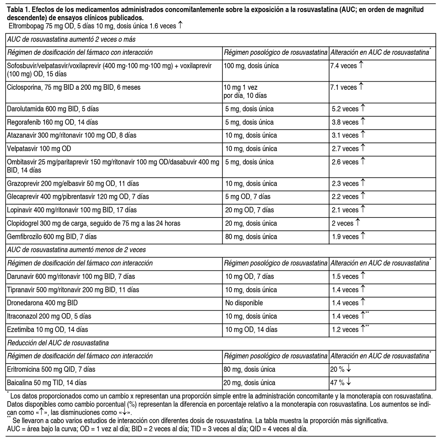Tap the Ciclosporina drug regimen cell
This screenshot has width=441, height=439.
click(73, 88)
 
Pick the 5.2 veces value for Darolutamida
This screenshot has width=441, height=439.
click(345, 109)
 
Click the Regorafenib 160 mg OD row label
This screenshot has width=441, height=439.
click(53, 122)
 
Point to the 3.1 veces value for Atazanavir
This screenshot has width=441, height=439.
click(345, 135)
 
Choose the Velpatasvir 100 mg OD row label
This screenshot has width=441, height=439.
click(39, 149)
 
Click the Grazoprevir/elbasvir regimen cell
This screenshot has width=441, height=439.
click(73, 183)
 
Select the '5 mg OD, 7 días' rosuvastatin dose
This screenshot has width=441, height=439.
click(248, 197)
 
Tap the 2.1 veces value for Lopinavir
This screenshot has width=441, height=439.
click(345, 210)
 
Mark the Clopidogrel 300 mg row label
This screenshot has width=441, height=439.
click(94, 223)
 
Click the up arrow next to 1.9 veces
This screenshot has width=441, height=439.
click(363, 236)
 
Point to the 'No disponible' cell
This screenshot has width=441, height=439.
click(244, 303)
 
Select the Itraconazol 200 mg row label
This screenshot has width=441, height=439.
click(49, 316)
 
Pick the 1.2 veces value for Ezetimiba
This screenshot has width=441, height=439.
click(345, 329)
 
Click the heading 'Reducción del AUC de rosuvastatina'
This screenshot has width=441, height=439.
click(58, 343)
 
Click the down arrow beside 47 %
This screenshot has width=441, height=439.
click(348, 382)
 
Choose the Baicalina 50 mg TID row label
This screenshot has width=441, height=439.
click(47, 383)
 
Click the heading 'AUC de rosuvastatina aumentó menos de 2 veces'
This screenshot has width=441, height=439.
click(76, 250)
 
